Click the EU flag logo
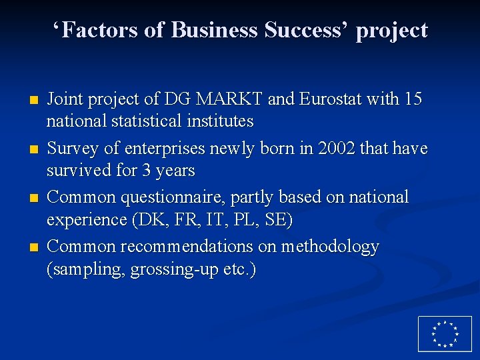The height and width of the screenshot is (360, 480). coord(444,333)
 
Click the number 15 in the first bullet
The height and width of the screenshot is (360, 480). coord(413,99)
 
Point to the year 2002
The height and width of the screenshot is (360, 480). coord(342,148)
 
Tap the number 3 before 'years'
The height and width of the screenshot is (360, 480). coord(145,171)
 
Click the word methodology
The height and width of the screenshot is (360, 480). coord(330,247)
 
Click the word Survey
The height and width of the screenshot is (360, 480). coord(72,148)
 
